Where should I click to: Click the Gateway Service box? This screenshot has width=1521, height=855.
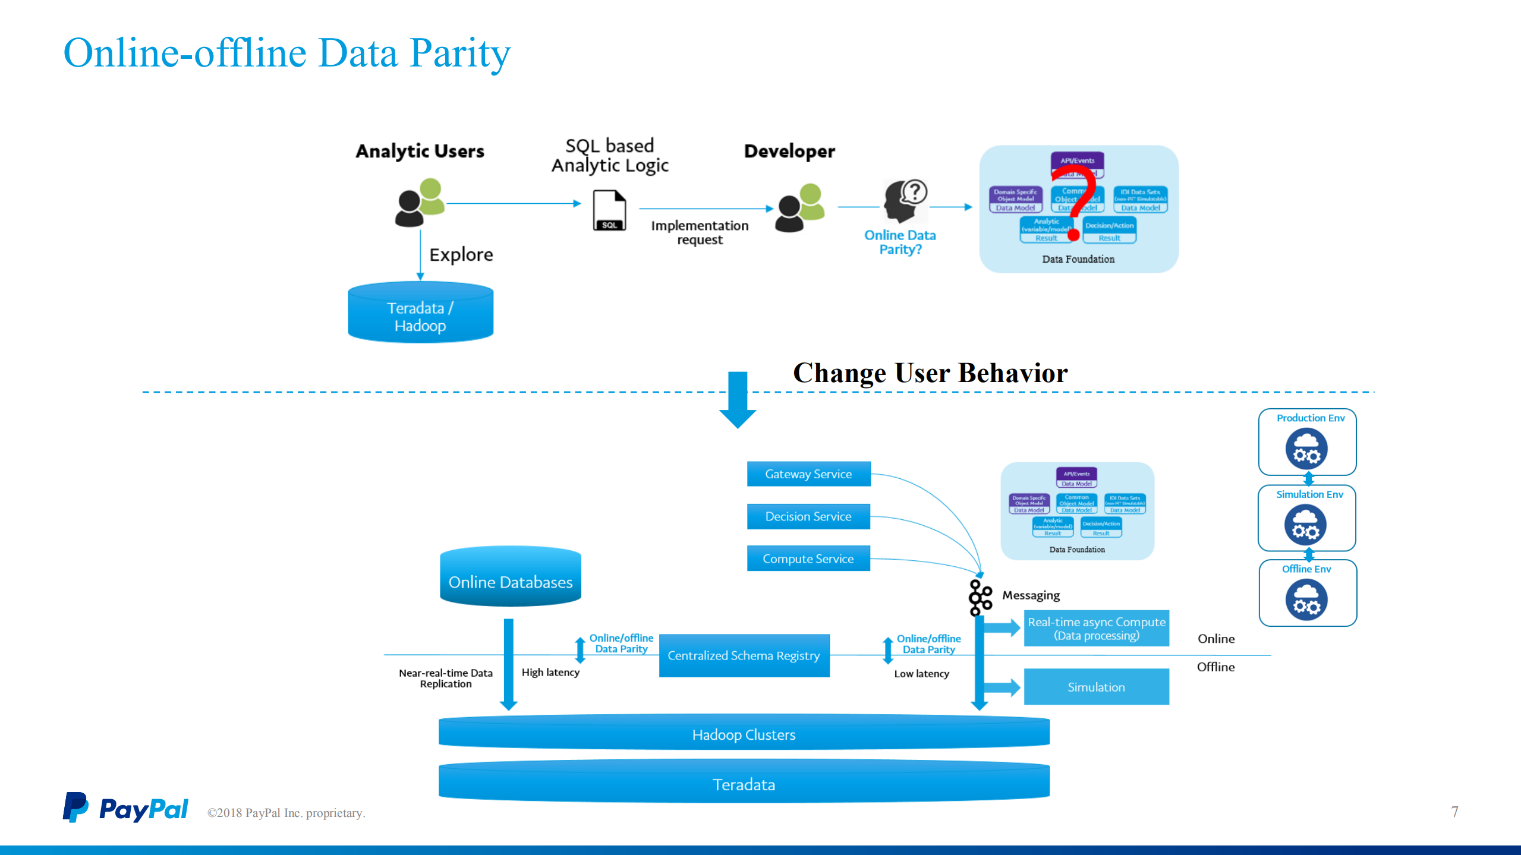pos(808,474)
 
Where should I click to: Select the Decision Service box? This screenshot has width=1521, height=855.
pos(808,516)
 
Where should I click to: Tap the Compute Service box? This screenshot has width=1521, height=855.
pos(808,559)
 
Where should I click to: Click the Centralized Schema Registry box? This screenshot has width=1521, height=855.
pos(744,655)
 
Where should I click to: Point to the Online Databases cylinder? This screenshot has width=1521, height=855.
pos(511,579)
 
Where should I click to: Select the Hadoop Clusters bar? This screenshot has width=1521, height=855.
pos(744,734)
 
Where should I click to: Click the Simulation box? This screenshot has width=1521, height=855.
pos(1096,687)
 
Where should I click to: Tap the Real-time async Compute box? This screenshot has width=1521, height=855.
pos(1096,628)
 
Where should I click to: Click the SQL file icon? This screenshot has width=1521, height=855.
pos(609,210)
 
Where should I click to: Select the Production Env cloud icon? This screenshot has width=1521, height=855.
pos(1306,449)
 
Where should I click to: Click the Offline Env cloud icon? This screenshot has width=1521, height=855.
pos(1306,600)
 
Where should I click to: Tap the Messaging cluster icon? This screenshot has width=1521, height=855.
pos(980,597)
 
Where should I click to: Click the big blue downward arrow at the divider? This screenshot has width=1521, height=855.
pos(738,400)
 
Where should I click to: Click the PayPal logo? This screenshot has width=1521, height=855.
pos(125,808)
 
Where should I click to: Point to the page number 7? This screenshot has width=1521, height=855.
pos(1454,812)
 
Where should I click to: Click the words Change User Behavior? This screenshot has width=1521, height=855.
pos(930,373)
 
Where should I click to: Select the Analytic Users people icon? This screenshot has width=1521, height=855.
pos(420,202)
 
